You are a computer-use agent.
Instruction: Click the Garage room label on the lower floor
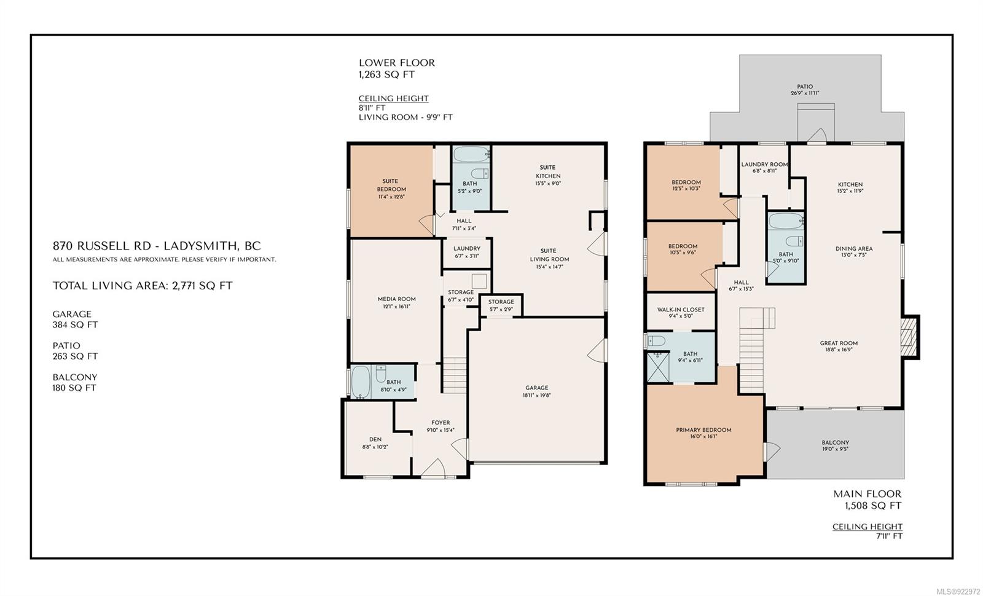536,388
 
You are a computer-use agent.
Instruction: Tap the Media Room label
397,299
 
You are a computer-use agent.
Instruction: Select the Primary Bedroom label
703,429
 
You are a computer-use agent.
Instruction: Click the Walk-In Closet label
681,310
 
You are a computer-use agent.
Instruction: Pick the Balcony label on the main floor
835,442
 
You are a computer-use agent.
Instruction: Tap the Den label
375,439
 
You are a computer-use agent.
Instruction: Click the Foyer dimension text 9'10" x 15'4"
440,430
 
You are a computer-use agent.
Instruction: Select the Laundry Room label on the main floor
764,164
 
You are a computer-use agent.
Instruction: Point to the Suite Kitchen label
547,171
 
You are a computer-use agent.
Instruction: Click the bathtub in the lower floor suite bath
471,154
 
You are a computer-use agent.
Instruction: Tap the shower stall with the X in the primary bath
658,367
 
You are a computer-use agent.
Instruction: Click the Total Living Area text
142,286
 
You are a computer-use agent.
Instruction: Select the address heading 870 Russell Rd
157,246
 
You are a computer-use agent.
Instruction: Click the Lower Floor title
397,63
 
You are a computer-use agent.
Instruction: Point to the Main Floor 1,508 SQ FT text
867,500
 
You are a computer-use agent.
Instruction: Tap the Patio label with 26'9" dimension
805,90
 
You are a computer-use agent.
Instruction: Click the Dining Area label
853,248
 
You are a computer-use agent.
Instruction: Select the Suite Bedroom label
391,185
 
